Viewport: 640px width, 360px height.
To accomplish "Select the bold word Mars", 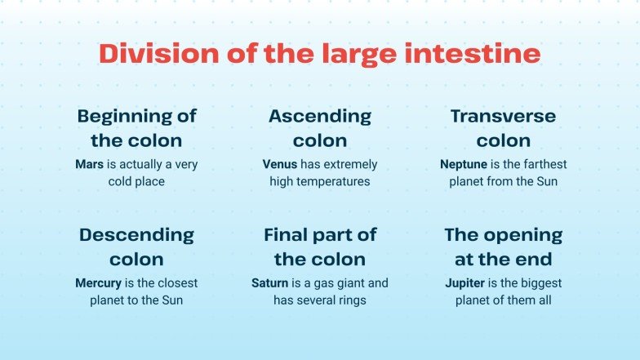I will pos(90,164).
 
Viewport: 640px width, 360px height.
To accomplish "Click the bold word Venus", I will pos(279,164).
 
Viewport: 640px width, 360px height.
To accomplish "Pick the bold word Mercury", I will pos(98,283).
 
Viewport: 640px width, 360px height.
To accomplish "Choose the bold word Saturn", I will pos(270,283).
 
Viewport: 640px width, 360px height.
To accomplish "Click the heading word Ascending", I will pos(320,117).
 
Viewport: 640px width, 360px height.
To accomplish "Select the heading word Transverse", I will pos(504,117).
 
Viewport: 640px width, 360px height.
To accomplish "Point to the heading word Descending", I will pos(137,236).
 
